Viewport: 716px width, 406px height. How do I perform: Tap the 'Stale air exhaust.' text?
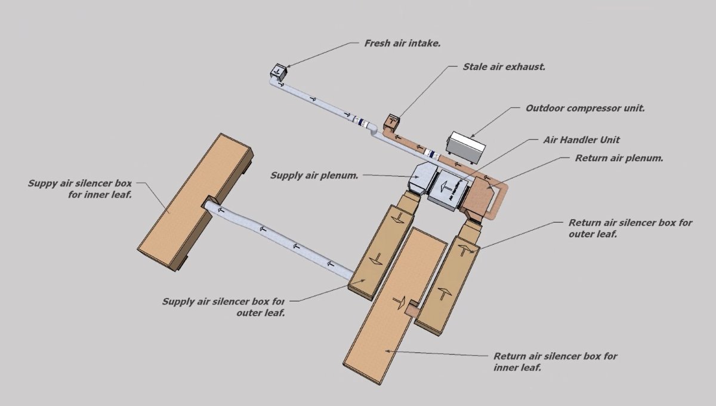[x=504, y=67]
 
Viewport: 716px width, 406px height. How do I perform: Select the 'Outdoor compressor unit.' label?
[x=585, y=109]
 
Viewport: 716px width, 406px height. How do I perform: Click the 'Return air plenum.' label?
[x=619, y=158]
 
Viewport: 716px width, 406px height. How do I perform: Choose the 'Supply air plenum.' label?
[x=314, y=176]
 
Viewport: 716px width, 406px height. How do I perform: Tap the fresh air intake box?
[x=277, y=72]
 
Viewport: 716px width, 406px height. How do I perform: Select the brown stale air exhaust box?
[x=392, y=121]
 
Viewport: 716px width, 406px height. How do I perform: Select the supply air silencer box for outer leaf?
[x=379, y=251]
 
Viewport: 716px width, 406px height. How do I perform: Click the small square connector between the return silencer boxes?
[x=412, y=309]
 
